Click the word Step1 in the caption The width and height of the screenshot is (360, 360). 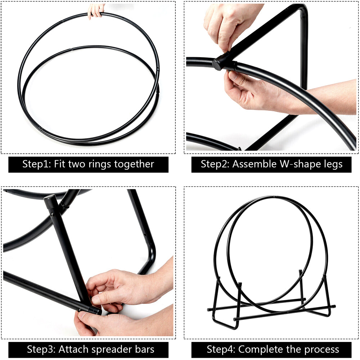(x=37, y=164)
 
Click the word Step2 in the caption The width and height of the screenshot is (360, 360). (x=216, y=164)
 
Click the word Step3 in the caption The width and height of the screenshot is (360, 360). (x=41, y=349)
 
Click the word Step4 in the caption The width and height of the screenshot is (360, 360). (x=221, y=349)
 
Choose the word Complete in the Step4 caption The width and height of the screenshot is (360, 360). (x=261, y=350)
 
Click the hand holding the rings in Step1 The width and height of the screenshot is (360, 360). (x=96, y=10)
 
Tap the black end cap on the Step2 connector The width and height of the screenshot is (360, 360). (x=217, y=64)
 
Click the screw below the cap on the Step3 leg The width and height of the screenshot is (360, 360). (x=52, y=215)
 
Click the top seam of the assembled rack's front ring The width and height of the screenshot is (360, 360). (x=274, y=197)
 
